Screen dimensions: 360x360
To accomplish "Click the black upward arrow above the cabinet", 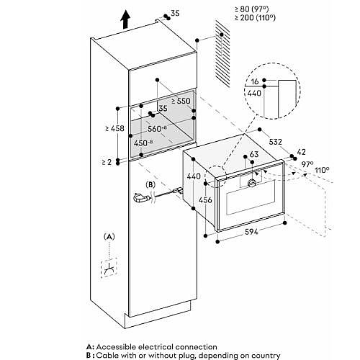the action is click(x=125, y=20).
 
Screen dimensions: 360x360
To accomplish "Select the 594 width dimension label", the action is click(x=251, y=232).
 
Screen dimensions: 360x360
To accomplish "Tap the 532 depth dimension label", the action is click(x=275, y=142).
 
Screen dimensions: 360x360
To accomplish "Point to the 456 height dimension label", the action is click(x=205, y=199).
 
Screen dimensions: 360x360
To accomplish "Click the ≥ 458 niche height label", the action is click(x=115, y=128).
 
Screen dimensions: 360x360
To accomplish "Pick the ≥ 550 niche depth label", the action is click(x=181, y=101).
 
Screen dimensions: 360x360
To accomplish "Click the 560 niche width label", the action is click(x=157, y=129).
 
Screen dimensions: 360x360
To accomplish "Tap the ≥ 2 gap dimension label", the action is click(x=107, y=162).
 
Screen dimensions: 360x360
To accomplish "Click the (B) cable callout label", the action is click(x=150, y=185).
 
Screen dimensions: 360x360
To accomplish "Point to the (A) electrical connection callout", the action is click(x=109, y=237).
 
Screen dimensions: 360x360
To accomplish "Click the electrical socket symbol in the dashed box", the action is click(x=109, y=268).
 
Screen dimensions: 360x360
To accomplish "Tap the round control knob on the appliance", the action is click(x=252, y=183).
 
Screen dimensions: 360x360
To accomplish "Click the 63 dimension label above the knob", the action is click(x=254, y=154).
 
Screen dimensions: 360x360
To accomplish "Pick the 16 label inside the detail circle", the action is click(x=255, y=81).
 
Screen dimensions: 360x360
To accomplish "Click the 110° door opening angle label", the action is click(x=322, y=171).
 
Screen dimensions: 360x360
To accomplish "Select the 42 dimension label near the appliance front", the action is click(x=302, y=152).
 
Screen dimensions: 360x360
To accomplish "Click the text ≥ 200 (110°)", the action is click(x=255, y=18).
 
